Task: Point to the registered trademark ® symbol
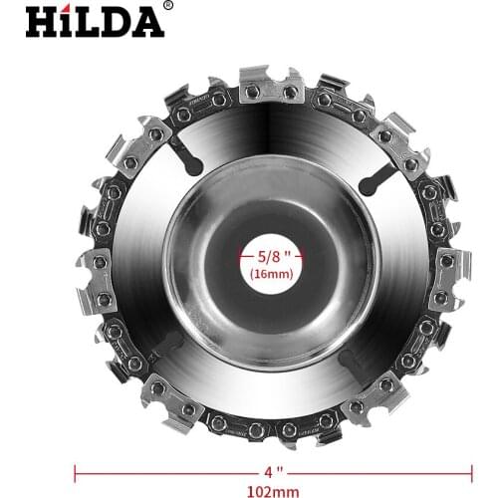coord(166,7)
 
